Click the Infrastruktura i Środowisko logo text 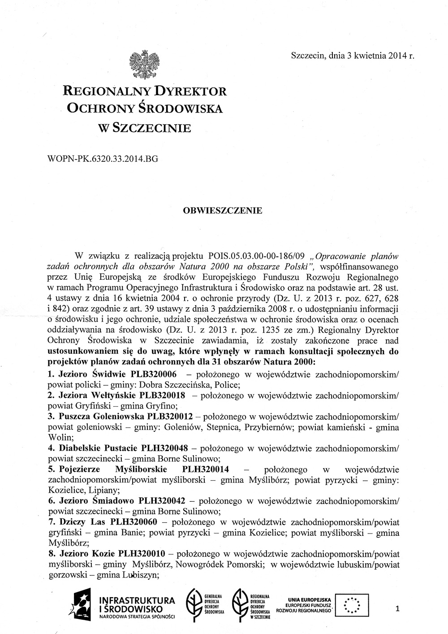click(137, 604)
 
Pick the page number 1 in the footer click(397, 608)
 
